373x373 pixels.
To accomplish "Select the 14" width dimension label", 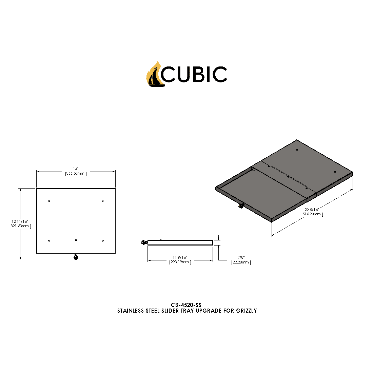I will [76, 169].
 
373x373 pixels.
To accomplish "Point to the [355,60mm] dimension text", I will [76, 174].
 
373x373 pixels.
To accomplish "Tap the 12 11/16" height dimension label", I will [20, 221].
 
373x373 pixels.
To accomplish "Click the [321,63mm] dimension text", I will [20, 226].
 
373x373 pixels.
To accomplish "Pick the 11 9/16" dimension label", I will [180, 257].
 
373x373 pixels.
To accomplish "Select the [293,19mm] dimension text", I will [180, 262].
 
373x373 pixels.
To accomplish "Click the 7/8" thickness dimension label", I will [241, 257].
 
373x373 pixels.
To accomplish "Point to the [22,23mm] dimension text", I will [241, 262].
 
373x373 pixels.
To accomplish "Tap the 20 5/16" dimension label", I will [312, 210].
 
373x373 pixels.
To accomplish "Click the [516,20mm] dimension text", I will [312, 214].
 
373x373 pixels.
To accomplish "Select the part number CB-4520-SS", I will [186, 305].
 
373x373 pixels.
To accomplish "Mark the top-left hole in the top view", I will [49, 201].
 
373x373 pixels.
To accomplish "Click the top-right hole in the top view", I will [103, 201].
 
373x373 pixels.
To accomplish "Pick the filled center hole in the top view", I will [76, 240].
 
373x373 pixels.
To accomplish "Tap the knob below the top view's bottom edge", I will [76, 257].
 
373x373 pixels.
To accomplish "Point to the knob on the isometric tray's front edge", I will [241, 206].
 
